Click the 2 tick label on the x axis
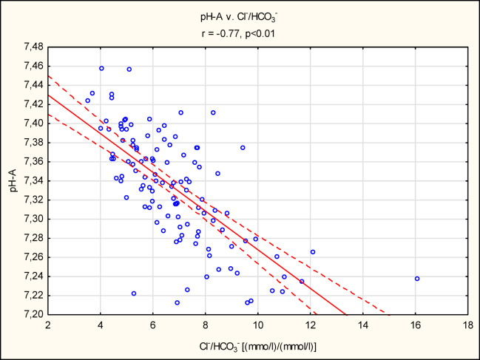[48, 324]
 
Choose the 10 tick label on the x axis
[258, 324]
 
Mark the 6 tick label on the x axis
[153, 324]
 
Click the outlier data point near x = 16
[417, 279]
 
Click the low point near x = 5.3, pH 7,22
[134, 293]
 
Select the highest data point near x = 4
[101, 68]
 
